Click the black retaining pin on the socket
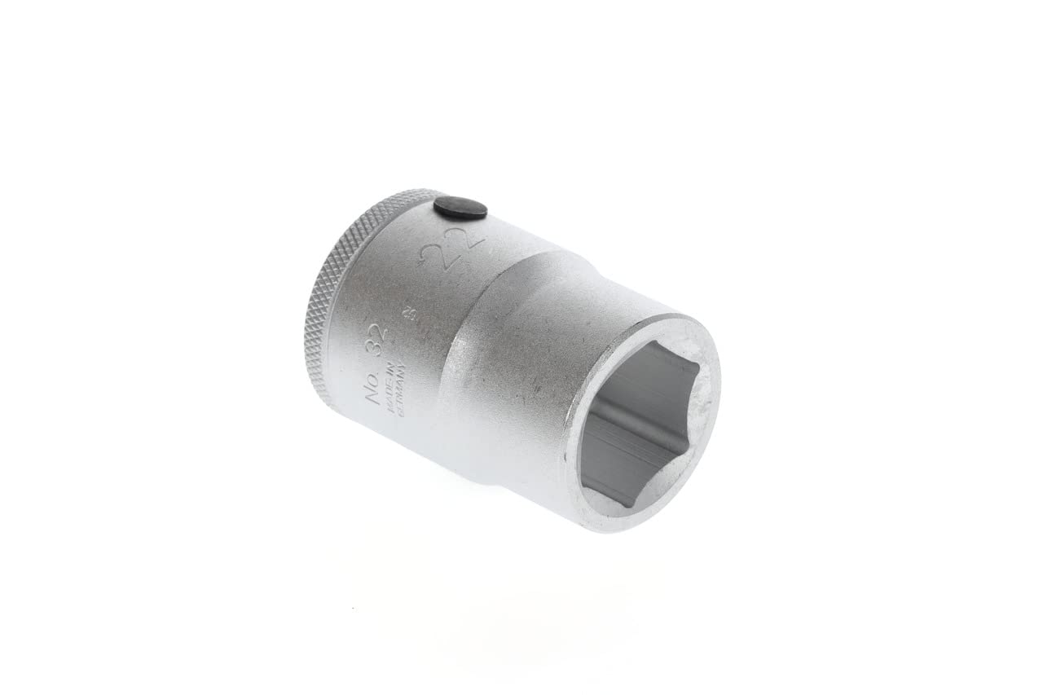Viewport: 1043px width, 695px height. tap(460, 208)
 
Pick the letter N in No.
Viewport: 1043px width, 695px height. tap(372, 398)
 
